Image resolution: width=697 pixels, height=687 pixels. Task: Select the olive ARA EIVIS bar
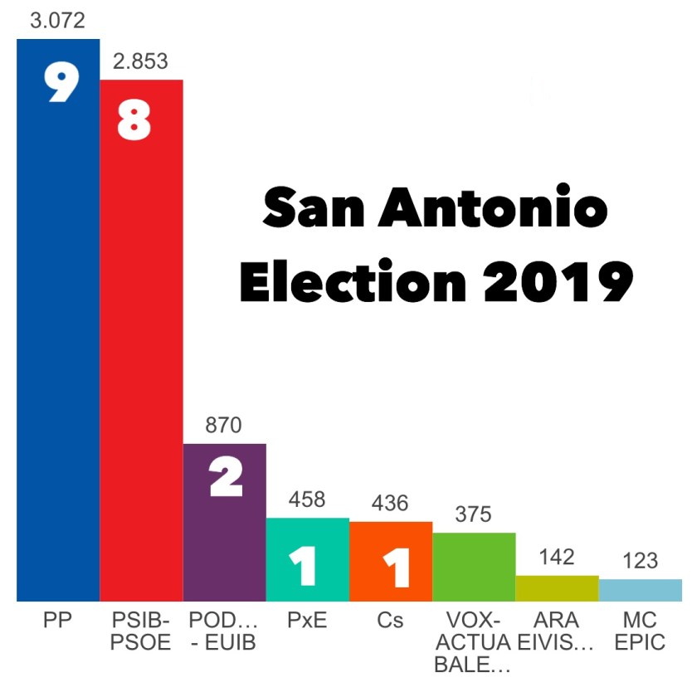point(557,588)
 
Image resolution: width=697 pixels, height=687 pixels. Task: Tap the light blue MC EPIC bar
point(640,590)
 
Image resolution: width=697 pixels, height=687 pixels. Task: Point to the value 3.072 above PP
point(57,21)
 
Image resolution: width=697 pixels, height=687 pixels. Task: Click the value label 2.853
point(140,61)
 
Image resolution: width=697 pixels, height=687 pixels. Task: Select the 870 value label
point(224,426)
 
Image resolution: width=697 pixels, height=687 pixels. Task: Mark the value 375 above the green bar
point(474,514)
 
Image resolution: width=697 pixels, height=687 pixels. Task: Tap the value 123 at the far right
point(640,561)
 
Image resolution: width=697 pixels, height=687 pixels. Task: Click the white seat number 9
point(61,82)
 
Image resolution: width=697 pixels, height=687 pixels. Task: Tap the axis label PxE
point(307,621)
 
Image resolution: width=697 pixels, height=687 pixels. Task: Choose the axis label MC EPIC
point(640,631)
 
